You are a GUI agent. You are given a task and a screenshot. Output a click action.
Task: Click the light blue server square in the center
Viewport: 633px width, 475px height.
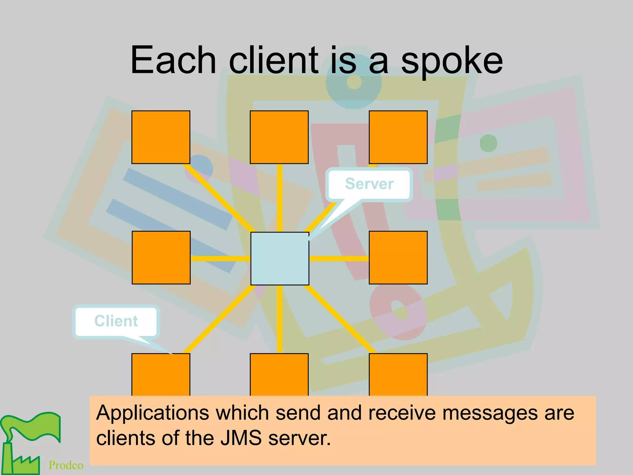point(280,259)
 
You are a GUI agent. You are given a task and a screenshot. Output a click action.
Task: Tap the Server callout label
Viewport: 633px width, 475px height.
point(369,184)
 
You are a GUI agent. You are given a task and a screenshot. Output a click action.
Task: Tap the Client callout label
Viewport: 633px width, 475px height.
point(116,321)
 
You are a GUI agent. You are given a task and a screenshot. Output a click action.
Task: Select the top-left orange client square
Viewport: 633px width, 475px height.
point(161,137)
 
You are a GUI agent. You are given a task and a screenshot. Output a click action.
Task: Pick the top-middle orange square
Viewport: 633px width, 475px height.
point(279,137)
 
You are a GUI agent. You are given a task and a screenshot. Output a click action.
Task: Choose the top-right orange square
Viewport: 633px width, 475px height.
point(398,137)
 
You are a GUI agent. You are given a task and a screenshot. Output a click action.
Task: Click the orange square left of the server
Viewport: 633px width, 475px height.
point(161,257)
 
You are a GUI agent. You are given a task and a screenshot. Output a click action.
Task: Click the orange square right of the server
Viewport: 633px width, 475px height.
point(398,257)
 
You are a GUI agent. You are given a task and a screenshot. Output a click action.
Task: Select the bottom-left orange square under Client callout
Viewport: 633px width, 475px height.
point(161,374)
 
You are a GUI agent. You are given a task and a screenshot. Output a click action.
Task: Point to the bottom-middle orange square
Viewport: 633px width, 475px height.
point(279,374)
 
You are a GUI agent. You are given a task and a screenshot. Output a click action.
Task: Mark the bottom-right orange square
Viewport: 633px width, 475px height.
point(398,374)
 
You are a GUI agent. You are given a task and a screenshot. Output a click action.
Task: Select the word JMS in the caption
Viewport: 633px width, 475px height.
point(241,438)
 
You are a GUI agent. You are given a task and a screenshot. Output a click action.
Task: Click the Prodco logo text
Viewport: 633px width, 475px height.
point(66,465)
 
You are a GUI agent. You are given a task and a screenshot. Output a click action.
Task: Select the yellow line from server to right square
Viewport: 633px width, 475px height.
point(339,259)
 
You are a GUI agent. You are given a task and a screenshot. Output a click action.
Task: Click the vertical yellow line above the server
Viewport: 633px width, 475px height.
point(279,198)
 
